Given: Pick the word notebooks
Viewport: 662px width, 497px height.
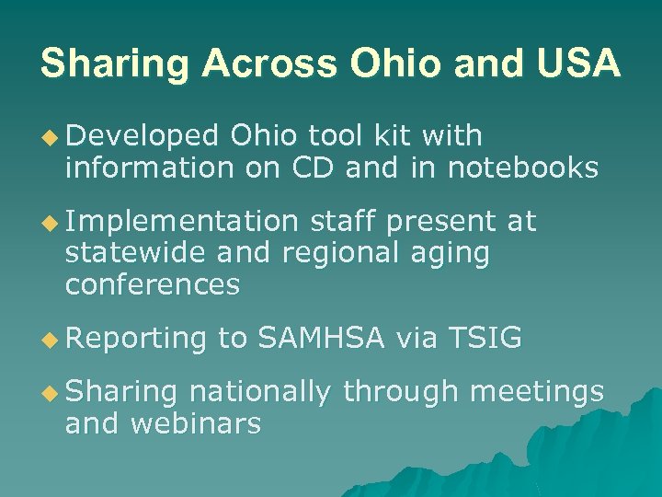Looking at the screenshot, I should (523, 168).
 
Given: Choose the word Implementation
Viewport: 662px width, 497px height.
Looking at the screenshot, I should (181, 222).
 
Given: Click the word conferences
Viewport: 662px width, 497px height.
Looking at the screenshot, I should (153, 284).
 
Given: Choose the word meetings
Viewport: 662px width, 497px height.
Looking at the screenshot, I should (536, 393).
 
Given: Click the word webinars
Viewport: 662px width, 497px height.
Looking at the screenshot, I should (196, 423).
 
